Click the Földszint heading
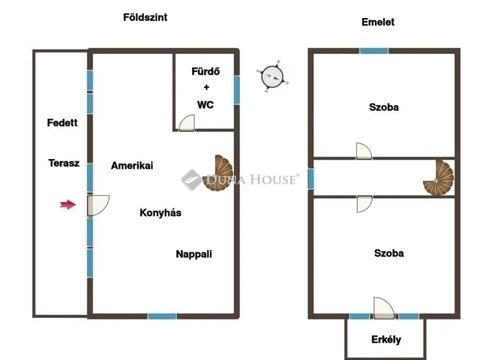(x=145, y=17)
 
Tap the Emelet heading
(x=378, y=22)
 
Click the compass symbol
(x=272, y=76)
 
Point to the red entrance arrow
(x=68, y=205)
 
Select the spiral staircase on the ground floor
(x=218, y=172)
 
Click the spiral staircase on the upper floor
(x=438, y=178)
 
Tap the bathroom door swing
(x=187, y=123)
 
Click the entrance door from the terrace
(x=98, y=205)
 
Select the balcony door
(x=384, y=307)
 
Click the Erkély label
(x=386, y=340)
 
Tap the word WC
(x=205, y=105)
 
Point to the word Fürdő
(x=205, y=71)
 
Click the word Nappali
(x=193, y=254)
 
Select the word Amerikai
(x=132, y=166)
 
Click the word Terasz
(x=64, y=163)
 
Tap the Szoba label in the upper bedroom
(x=384, y=107)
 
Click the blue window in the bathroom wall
(x=237, y=90)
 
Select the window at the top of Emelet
(x=373, y=50)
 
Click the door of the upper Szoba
(x=364, y=151)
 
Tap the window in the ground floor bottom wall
(x=162, y=316)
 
